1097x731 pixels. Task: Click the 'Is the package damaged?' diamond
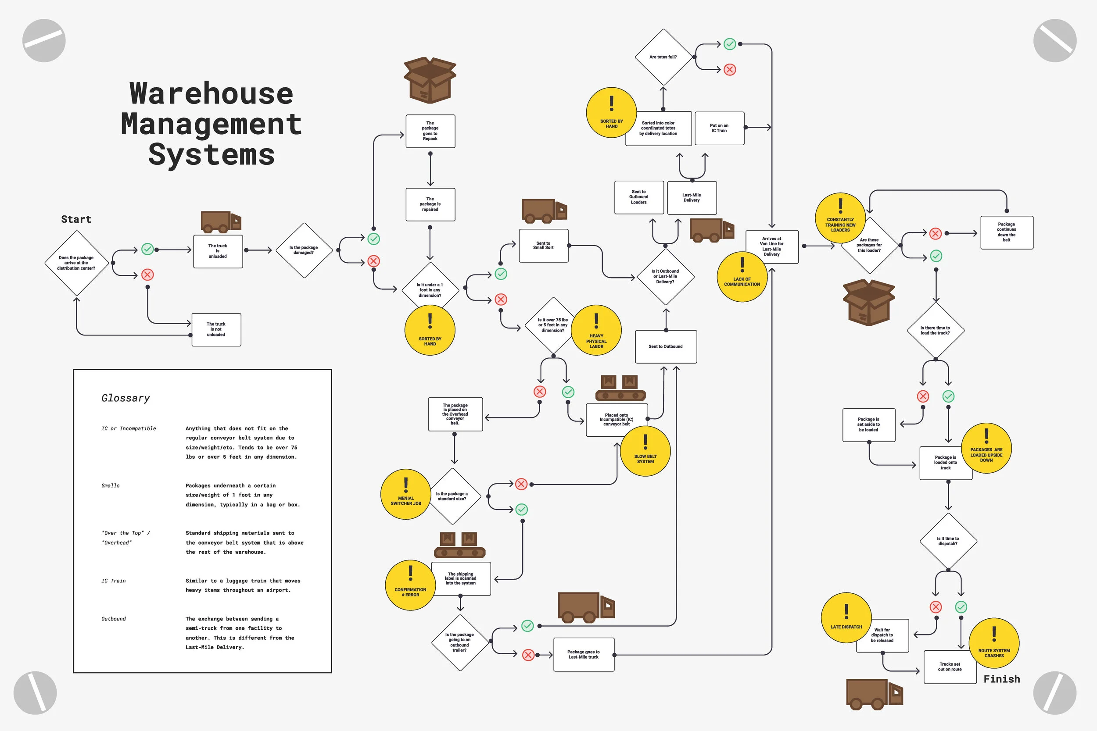pos(304,250)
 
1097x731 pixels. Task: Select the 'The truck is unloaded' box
pos(218,251)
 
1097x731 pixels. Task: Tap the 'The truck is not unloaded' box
pos(216,330)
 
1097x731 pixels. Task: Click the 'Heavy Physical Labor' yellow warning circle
pos(596,330)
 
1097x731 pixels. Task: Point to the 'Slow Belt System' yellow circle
pos(645,451)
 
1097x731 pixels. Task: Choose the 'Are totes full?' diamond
pos(663,57)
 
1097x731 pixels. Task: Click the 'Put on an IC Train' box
pos(719,128)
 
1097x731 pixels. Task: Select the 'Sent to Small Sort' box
pos(543,246)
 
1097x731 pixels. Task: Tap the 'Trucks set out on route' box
pos(950,667)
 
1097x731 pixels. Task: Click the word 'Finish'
pos(1001,679)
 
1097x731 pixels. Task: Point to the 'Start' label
pos(76,220)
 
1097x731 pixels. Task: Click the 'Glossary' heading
pos(125,398)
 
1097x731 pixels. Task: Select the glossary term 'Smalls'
pos(111,486)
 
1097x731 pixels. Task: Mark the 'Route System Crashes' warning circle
pos(994,643)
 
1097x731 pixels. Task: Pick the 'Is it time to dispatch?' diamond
pos(948,541)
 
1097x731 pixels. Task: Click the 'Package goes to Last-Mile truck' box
pos(584,655)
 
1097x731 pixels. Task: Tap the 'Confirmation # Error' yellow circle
pos(410,585)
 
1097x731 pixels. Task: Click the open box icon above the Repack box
pos(430,80)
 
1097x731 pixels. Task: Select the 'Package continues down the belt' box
pos(1007,232)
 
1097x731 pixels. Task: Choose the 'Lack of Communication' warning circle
pos(742,277)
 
